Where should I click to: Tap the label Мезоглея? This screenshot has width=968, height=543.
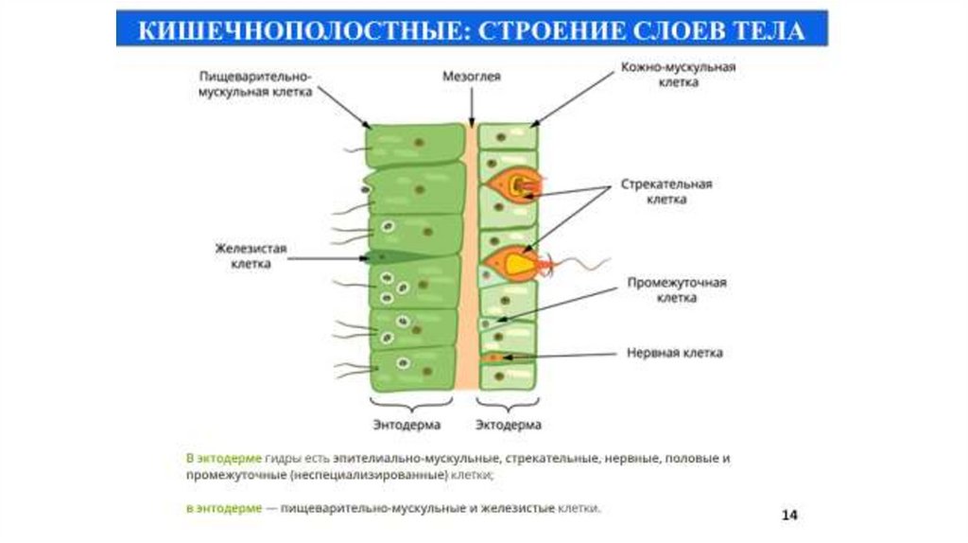pyautogui.click(x=471, y=77)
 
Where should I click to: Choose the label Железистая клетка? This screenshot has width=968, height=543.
pyautogui.click(x=251, y=256)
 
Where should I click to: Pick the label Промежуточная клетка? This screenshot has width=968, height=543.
pyautogui.click(x=677, y=290)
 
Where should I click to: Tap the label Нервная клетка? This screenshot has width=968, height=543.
pyautogui.click(x=675, y=353)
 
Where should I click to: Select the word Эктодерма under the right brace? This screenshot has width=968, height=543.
pyautogui.click(x=509, y=425)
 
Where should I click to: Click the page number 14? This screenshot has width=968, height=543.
pyautogui.click(x=790, y=515)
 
